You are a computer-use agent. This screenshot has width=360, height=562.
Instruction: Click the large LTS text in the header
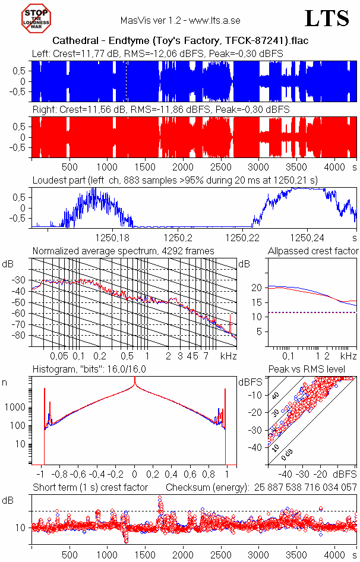coord(327,18)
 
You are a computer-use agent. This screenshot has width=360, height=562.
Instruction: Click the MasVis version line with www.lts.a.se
coord(180,21)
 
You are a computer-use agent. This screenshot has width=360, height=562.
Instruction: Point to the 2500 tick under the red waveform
coord(221,167)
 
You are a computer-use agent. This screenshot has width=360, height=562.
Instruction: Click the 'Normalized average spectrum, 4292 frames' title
coord(123,251)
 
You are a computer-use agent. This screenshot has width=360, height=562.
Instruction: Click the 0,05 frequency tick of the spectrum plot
coord(59,356)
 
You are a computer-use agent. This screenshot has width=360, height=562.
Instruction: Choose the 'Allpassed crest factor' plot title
coord(313,251)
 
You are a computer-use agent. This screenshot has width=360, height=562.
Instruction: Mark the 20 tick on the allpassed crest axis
coord(257,288)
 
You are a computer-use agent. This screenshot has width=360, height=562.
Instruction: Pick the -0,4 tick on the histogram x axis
coord(97,475)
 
